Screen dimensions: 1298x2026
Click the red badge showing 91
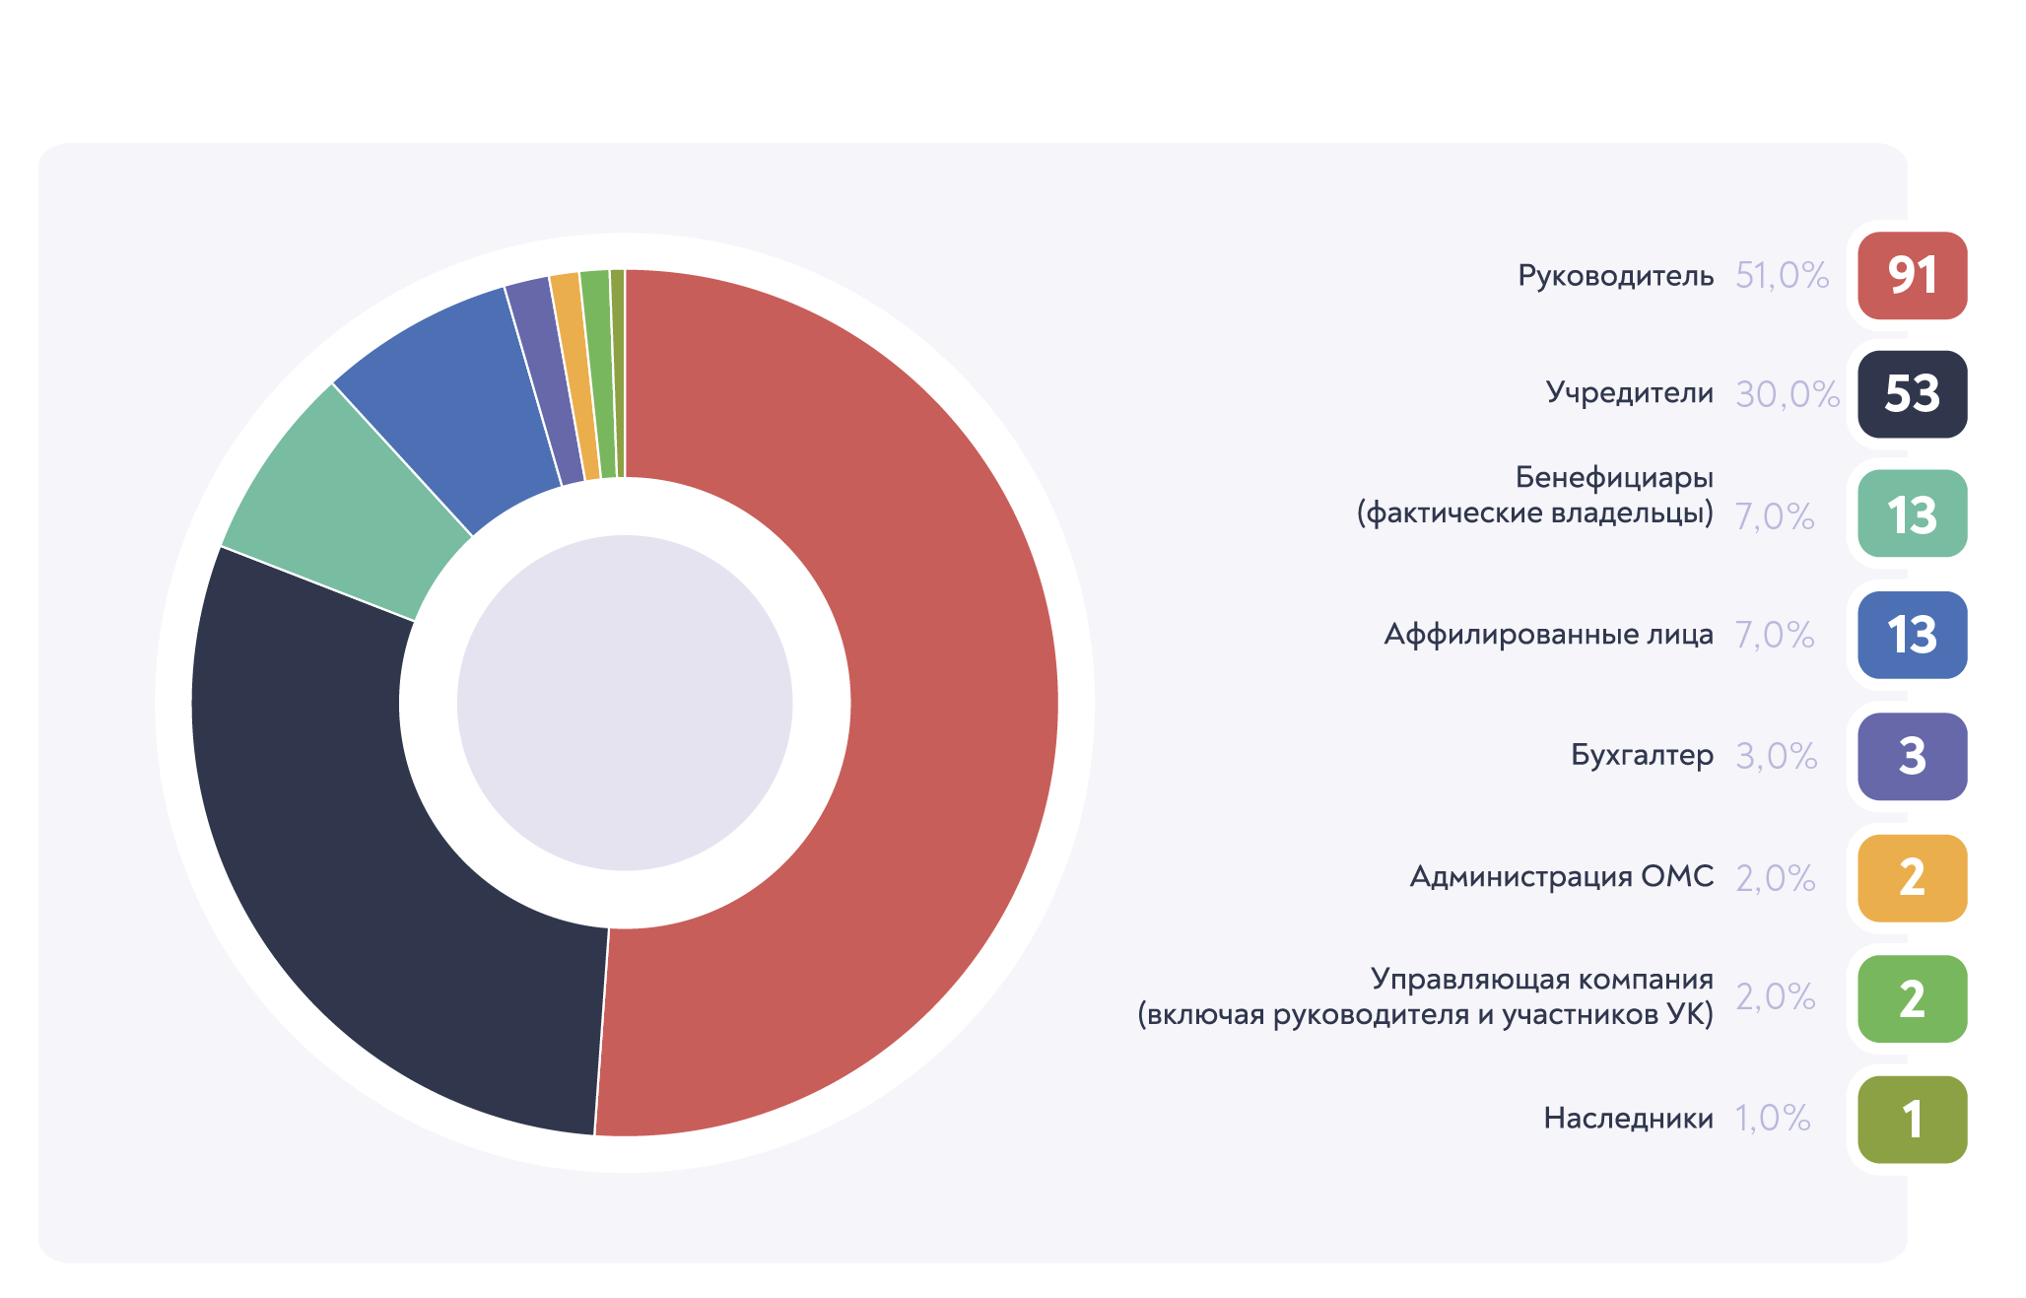(x=1912, y=275)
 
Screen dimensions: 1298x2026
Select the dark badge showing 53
(x=1912, y=394)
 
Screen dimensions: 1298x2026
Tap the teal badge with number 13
(x=1912, y=513)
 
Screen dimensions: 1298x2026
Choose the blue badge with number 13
(x=1912, y=635)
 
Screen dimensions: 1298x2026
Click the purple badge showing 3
(x=1912, y=756)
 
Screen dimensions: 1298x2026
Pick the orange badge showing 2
(x=1912, y=877)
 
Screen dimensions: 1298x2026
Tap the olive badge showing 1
(x=1912, y=1119)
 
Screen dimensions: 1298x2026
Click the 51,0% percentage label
(x=1783, y=275)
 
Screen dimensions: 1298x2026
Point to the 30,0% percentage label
(x=1788, y=394)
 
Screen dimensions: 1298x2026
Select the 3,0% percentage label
(x=1777, y=756)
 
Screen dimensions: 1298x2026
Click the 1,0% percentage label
(x=1773, y=1119)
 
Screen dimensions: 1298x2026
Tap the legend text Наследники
(x=1628, y=1118)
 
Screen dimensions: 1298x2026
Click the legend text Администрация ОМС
(x=1561, y=876)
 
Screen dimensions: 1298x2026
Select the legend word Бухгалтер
(x=1642, y=755)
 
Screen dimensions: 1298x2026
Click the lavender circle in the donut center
(x=625, y=703)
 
